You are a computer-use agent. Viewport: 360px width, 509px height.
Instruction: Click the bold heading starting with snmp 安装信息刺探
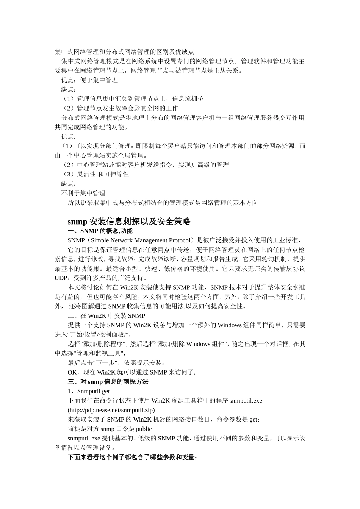(x=129, y=222)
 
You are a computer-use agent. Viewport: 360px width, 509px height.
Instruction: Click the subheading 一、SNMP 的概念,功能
(x=100, y=231)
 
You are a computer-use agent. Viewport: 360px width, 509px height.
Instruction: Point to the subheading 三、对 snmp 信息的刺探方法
(x=108, y=382)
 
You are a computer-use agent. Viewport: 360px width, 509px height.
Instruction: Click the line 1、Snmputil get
(x=89, y=391)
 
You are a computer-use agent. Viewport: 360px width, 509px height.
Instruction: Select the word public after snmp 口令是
(x=144, y=429)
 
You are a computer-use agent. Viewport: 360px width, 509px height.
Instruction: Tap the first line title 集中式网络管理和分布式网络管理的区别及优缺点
(x=125, y=52)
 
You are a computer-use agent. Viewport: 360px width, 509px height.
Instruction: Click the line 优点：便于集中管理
(x=89, y=80)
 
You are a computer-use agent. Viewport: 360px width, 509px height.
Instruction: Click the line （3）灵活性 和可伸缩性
(x=96, y=174)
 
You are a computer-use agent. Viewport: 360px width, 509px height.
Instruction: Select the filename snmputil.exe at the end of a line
(x=246, y=401)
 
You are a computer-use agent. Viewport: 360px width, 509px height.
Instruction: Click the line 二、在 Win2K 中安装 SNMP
(x=106, y=316)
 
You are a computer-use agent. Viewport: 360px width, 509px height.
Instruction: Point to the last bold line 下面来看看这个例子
(x=132, y=457)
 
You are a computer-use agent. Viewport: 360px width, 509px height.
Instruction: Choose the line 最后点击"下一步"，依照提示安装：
(x=116, y=363)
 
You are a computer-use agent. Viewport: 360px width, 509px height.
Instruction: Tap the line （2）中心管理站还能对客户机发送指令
(x=146, y=165)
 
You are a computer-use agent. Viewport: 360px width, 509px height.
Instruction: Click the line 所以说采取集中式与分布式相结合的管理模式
(x=163, y=203)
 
